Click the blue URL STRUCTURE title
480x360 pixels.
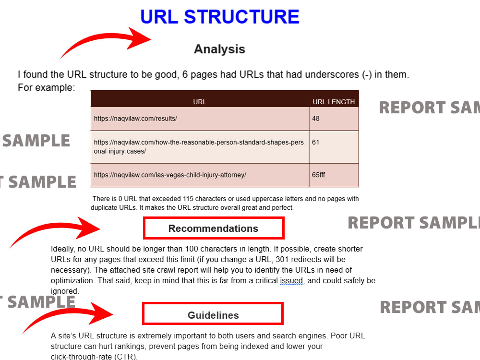pyautogui.click(x=219, y=16)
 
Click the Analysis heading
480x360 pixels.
pyautogui.click(x=219, y=49)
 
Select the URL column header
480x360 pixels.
pyautogui.click(x=200, y=102)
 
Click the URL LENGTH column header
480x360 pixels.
pyautogui.click(x=334, y=102)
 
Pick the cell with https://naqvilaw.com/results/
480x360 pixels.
pyautogui.click(x=200, y=119)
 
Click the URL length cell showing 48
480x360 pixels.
pyautogui.click(x=334, y=119)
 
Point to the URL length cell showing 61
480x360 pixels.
pyautogui.click(x=334, y=147)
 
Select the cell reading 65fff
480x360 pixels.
pyautogui.click(x=334, y=175)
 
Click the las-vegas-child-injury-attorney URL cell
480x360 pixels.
pyautogui.click(x=200, y=175)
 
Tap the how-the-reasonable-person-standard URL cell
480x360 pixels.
pyautogui.click(x=200, y=147)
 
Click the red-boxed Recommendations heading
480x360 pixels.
pyautogui.click(x=214, y=228)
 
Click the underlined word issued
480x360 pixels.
pyautogui.click(x=291, y=281)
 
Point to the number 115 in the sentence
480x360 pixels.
pyautogui.click(x=188, y=199)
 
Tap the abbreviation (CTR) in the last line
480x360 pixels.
pyautogui.click(x=125, y=357)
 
